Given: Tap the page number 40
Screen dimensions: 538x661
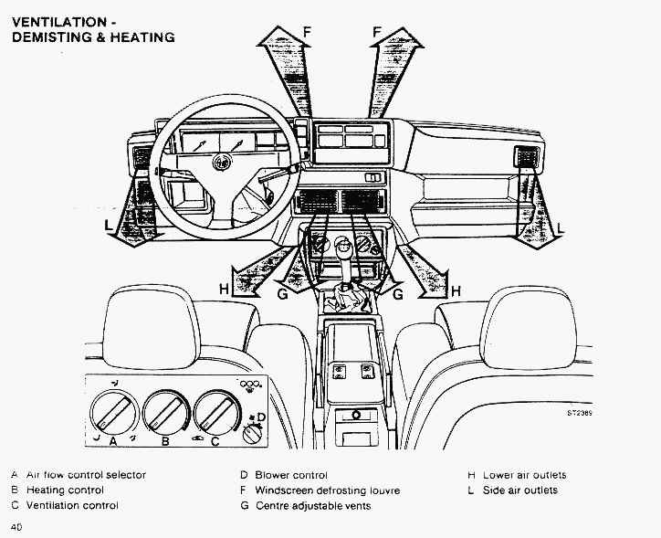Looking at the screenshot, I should coord(17,527).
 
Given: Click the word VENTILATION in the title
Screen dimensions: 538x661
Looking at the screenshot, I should coord(58,22).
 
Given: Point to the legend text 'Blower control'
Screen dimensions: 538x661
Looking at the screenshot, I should coord(291,475).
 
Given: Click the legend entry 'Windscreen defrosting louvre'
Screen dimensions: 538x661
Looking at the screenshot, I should coord(327,491).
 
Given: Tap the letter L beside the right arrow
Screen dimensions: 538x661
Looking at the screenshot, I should coord(561,227).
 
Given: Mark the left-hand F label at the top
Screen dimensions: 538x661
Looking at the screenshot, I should coord(308,32).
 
